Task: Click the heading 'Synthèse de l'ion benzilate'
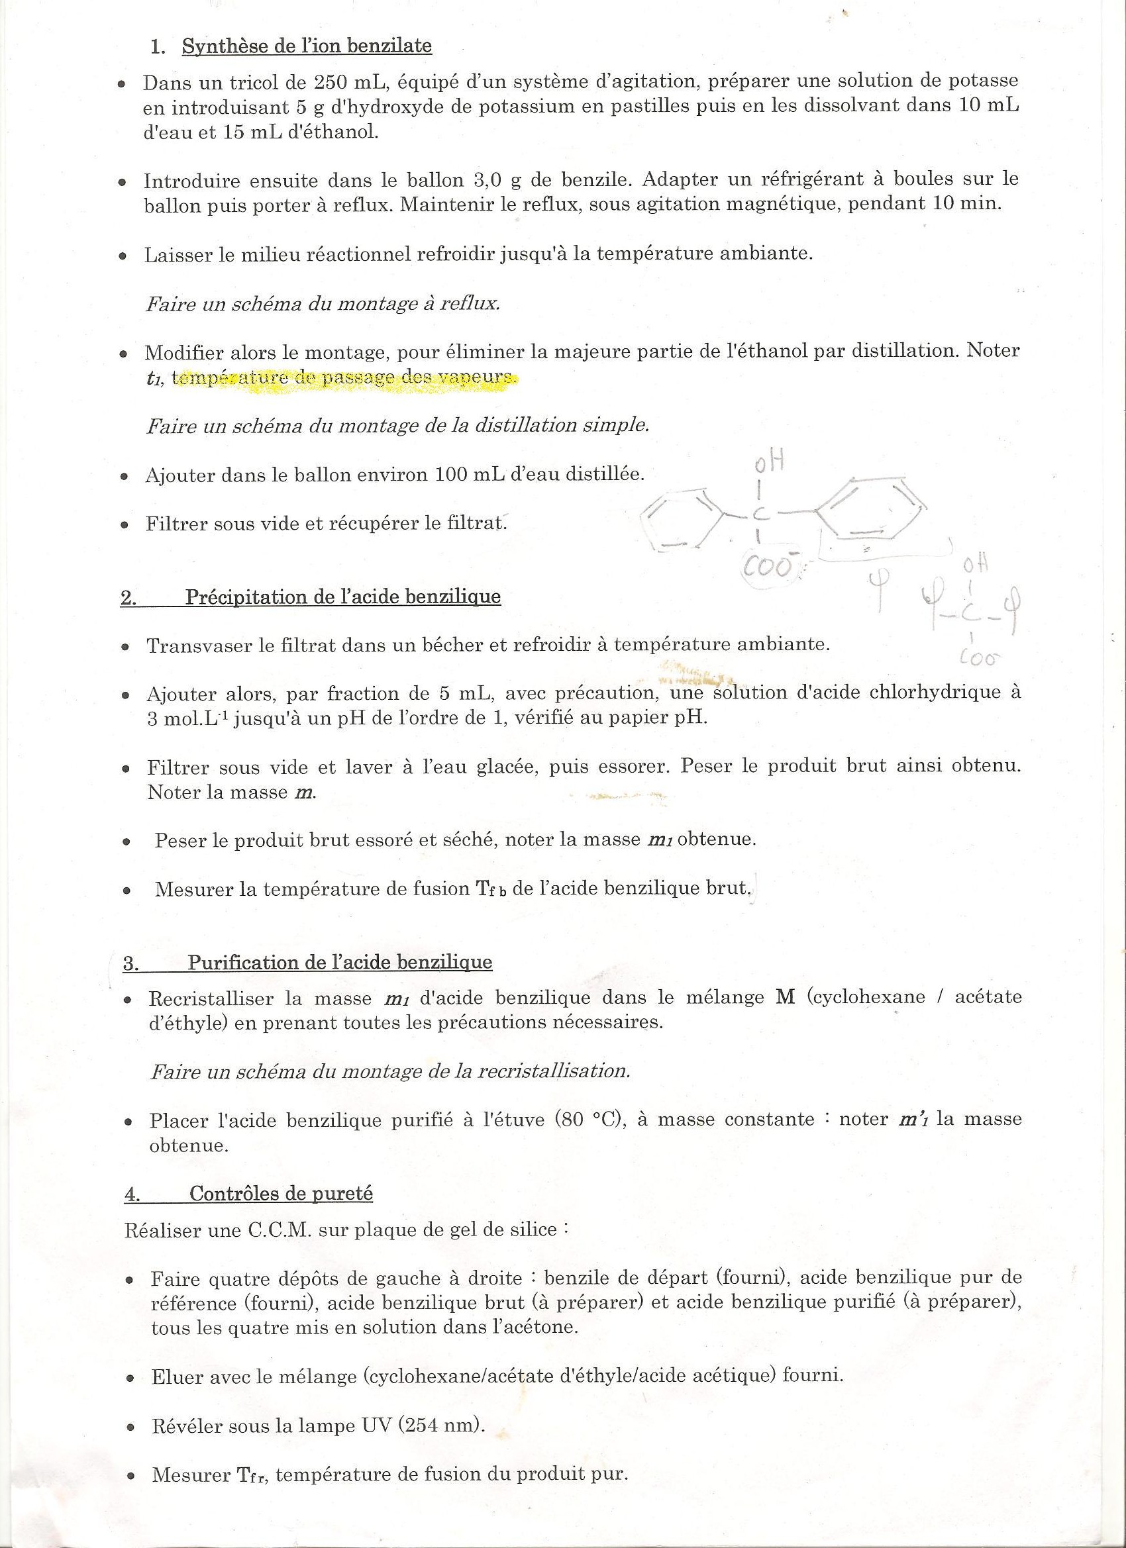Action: click(x=307, y=46)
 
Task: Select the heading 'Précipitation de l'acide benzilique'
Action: click(x=343, y=597)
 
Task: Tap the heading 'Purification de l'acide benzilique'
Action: click(x=339, y=963)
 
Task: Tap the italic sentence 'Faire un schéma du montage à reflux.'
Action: click(x=323, y=303)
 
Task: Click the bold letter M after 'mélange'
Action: click(x=786, y=997)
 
